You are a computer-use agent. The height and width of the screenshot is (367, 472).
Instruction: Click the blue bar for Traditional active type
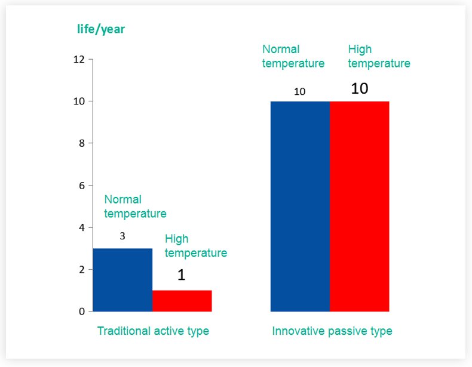pos(122,280)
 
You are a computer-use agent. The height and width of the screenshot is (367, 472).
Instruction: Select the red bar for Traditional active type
pos(182,301)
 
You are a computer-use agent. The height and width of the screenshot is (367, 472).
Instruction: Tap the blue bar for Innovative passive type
pos(300,206)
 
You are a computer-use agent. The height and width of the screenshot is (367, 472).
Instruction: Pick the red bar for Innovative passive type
pos(359,206)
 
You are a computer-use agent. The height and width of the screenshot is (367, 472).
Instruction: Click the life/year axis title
pos(101,29)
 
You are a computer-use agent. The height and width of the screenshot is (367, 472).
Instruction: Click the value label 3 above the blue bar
pos(122,236)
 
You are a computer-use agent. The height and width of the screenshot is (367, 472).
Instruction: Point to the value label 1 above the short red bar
pos(182,275)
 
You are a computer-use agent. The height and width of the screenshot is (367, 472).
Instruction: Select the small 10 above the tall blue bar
pos(300,91)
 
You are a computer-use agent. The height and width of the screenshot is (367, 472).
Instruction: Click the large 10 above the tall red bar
pos(359,89)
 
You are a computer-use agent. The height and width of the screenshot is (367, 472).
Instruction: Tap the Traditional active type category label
pos(153,331)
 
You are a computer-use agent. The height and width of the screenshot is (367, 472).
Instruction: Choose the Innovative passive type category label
pos(332,331)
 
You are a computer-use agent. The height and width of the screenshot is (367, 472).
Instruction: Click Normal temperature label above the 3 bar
pos(135,206)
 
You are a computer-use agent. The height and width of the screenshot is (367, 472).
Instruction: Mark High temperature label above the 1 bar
pos(196,246)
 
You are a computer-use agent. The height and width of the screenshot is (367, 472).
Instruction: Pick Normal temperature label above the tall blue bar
pos(293,56)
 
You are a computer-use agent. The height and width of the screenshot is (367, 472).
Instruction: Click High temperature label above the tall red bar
pos(379,56)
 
